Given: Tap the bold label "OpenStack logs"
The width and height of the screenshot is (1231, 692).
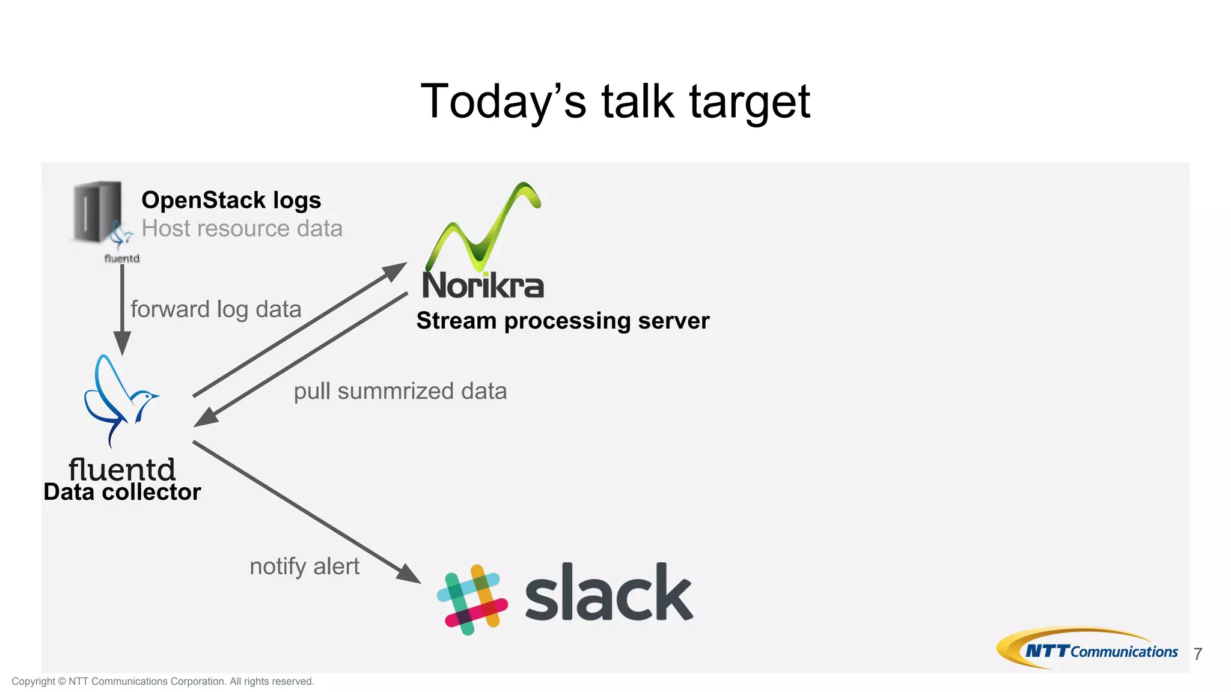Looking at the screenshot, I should point(231,200).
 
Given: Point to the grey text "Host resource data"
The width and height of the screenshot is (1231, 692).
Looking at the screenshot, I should point(242,228).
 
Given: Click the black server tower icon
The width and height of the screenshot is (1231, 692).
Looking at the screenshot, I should point(96,212).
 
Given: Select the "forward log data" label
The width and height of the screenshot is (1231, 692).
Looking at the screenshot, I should point(216,309).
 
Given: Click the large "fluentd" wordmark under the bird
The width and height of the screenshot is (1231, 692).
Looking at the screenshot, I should point(122,469).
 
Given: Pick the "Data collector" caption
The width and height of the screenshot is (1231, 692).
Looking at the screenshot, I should point(122,492).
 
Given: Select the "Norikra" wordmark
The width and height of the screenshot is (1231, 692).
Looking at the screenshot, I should point(483,285).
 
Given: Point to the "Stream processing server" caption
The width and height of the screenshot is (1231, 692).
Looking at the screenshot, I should point(563,321).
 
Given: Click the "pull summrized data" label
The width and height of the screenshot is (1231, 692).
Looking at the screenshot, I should point(400,391).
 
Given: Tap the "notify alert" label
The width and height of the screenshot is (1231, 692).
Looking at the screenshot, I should point(304,566).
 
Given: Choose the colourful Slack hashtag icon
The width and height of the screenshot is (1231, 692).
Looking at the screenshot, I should point(472,599).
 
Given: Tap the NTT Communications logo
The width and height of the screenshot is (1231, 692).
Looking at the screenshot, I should point(1088,649).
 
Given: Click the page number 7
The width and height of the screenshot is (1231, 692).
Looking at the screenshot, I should point(1197,654).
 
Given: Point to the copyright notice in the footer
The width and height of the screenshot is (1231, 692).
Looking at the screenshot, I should point(163,681).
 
